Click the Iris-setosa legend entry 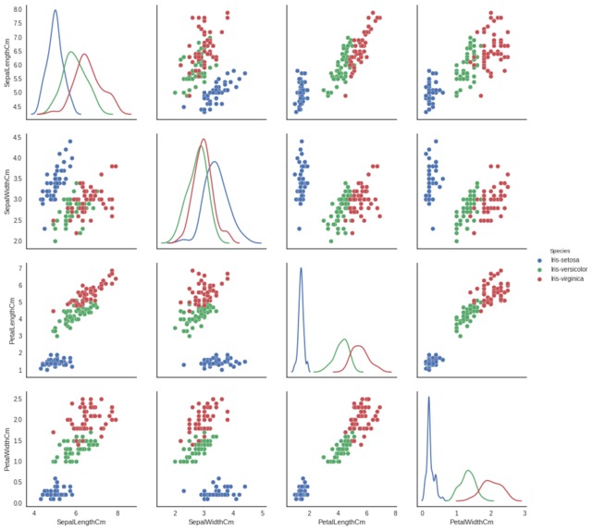tap(563, 261)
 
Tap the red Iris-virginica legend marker tap(542, 279)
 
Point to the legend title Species tap(559, 251)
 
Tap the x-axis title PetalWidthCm tap(472, 524)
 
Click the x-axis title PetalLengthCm tap(342, 524)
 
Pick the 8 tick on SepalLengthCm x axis tap(117, 512)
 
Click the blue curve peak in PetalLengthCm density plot tap(301, 268)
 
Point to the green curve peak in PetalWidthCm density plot tap(468, 471)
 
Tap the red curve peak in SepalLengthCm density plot tap(84, 54)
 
